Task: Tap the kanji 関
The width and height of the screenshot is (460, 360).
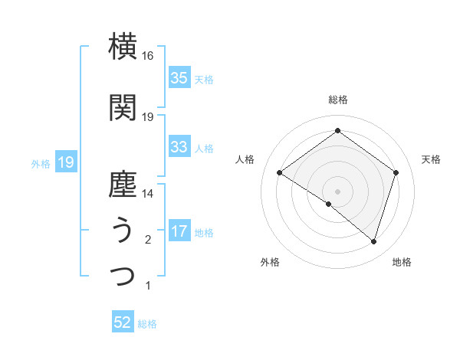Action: coord(123,108)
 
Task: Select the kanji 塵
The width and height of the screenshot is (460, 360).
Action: coord(123,185)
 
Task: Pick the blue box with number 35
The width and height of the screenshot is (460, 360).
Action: coord(179,78)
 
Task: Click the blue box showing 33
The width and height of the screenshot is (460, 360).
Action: coord(179,147)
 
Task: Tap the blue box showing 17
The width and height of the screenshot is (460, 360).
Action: coord(179,231)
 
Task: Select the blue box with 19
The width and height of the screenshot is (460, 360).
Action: coord(64,162)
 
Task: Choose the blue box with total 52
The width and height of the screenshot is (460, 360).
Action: coord(123,323)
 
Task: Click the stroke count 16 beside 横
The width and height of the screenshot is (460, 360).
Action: coord(148,56)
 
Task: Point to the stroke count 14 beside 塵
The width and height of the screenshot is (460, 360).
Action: coord(148,195)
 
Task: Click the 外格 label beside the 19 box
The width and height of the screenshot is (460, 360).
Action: coord(41,163)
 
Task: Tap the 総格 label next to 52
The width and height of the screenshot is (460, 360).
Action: coord(147,324)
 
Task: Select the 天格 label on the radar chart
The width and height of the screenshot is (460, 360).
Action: coord(431,159)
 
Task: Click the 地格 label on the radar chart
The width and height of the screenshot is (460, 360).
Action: coord(402,262)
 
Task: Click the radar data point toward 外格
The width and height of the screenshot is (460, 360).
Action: coord(329,204)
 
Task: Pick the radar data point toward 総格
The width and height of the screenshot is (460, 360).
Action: coord(337,131)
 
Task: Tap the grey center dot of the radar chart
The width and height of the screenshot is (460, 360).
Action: coord(337,190)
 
